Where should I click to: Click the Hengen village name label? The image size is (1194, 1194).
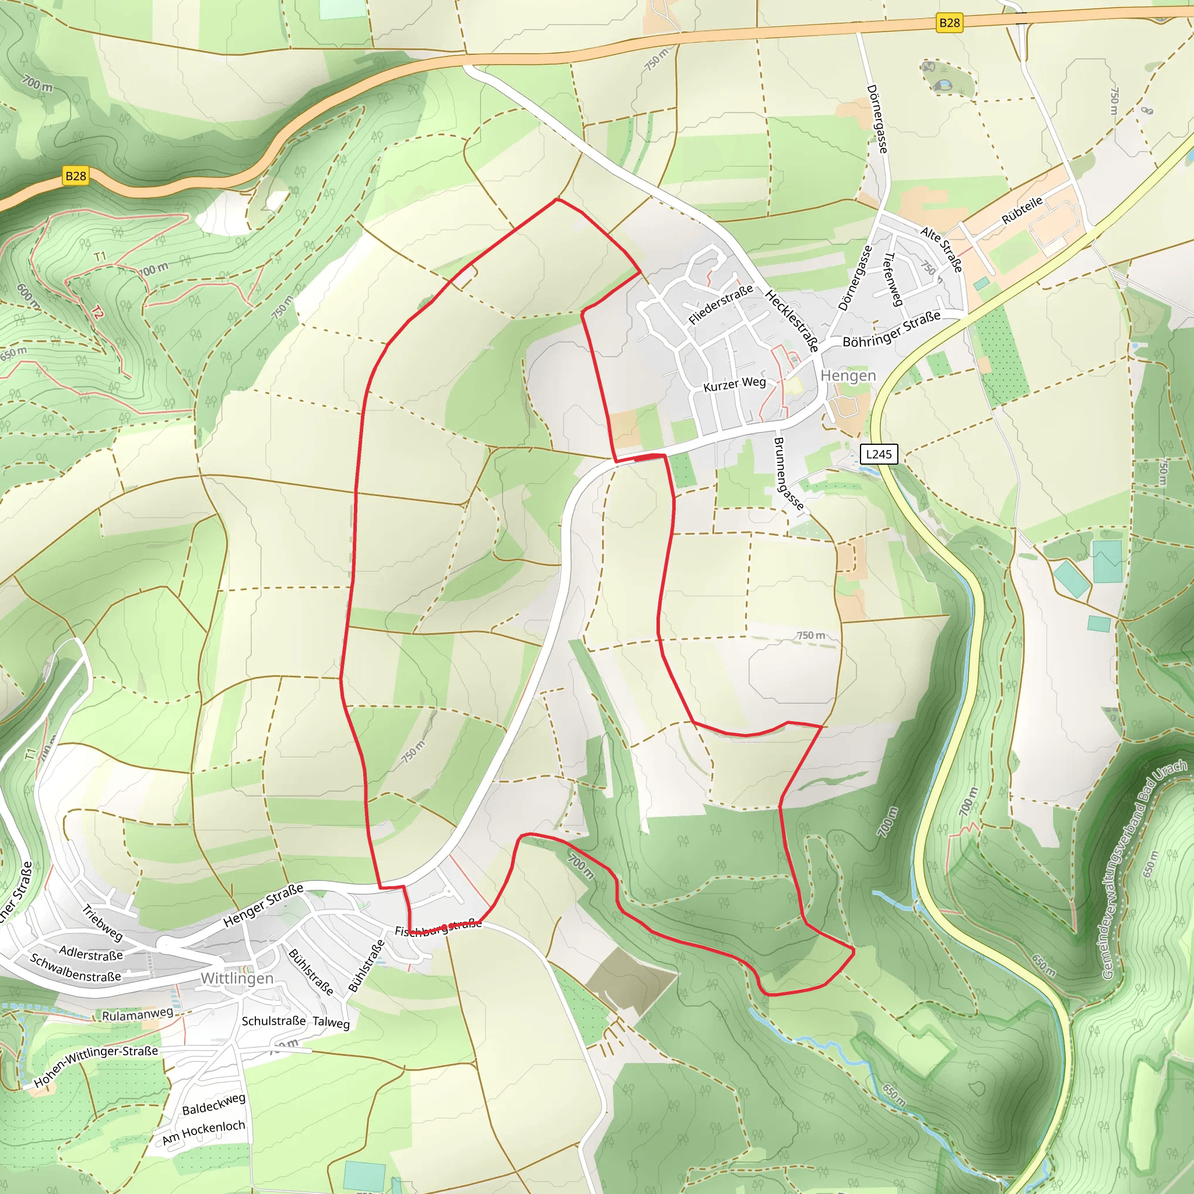(x=848, y=376)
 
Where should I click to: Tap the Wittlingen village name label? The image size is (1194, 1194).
(x=237, y=978)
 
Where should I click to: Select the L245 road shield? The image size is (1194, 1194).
(x=878, y=454)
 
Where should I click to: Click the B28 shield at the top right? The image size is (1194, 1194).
(x=949, y=23)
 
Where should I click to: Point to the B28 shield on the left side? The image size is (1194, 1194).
(x=75, y=176)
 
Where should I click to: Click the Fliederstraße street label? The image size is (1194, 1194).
(x=721, y=304)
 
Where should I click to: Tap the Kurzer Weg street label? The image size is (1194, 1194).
(x=734, y=384)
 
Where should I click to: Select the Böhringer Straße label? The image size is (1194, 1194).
(x=891, y=329)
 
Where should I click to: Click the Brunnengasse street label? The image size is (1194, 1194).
(x=788, y=474)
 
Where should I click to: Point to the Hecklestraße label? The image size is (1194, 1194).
(x=792, y=321)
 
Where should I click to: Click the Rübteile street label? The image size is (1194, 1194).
(x=1022, y=210)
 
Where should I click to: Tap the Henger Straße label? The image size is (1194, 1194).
(x=264, y=905)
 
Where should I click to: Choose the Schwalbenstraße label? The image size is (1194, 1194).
(x=75, y=968)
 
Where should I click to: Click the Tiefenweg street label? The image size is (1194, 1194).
(x=894, y=279)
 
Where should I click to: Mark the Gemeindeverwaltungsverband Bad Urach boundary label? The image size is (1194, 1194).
(x=1144, y=870)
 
